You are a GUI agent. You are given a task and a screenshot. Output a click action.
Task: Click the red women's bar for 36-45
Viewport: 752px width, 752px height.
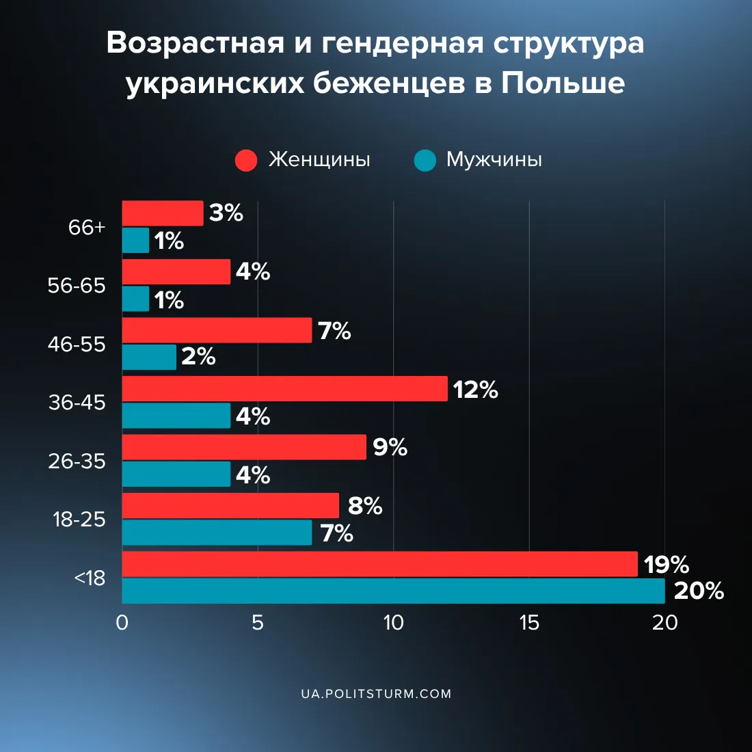[x=284, y=388]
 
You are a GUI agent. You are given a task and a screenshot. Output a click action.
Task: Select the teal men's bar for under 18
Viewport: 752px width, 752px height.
[x=393, y=591]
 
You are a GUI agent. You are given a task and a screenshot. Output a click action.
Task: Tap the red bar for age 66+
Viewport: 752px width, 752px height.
[x=163, y=213]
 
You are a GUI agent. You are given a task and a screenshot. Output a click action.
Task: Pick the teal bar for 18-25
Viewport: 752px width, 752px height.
[x=217, y=533]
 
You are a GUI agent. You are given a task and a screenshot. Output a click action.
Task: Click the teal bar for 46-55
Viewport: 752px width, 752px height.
[x=149, y=357]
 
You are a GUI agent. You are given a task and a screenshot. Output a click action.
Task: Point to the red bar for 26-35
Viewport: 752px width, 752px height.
[x=244, y=447]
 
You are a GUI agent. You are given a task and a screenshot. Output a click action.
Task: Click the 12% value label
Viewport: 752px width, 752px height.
[x=475, y=390]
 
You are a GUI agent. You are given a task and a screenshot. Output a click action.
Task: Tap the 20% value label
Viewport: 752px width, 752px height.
[x=699, y=591]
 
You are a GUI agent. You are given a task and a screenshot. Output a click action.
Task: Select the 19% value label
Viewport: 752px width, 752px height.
[x=666, y=565]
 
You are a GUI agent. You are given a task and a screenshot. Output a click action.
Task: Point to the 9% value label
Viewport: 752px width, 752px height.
[x=390, y=447]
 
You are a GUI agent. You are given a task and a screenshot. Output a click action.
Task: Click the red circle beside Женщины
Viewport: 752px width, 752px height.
[x=246, y=160]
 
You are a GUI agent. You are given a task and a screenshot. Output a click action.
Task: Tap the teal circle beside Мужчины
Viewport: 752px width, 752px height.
[x=425, y=160]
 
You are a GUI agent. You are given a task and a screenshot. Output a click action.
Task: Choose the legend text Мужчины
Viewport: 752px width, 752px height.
[x=494, y=160]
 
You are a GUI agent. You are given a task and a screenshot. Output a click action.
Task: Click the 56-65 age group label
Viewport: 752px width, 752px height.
[x=77, y=286]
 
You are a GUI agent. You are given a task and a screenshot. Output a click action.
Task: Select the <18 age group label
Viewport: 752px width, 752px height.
[x=90, y=578]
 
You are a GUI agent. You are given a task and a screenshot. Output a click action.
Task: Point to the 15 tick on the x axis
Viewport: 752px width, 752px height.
[x=529, y=623]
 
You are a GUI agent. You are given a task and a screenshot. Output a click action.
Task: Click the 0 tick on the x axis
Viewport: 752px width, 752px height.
[x=122, y=623]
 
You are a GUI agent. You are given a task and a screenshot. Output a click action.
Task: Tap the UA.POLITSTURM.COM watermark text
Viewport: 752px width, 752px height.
[x=376, y=694]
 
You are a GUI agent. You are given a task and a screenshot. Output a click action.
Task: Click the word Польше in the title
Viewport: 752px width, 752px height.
[x=563, y=83]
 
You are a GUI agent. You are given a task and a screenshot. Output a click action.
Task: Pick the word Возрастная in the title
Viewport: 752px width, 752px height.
[x=196, y=43]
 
